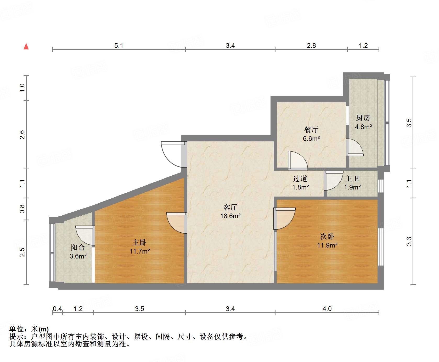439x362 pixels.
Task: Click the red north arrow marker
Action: pos(26,47)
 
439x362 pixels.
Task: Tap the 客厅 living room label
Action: pos(230,207)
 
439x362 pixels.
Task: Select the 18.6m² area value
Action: pos(230,216)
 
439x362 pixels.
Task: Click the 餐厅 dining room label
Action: pos(311,130)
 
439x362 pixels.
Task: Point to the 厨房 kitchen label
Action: pos(363,118)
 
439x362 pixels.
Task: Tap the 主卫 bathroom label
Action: pos(352,179)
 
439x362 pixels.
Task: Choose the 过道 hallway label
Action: pos(300,179)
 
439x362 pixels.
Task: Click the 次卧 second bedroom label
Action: pos(327,237)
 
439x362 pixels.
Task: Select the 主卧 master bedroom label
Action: pos(139,243)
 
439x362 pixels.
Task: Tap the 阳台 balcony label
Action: pos(78,247)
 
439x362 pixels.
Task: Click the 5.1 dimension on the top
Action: pos(119,45)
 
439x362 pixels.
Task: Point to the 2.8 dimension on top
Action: pos(311,45)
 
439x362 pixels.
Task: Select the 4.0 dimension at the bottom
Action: pos(327,309)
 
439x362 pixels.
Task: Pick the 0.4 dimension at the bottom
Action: pos(57,309)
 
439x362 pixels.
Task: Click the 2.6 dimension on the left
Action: pos(22,135)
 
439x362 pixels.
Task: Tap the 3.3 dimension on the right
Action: pos(409,241)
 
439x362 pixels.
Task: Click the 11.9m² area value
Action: pos(327,245)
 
